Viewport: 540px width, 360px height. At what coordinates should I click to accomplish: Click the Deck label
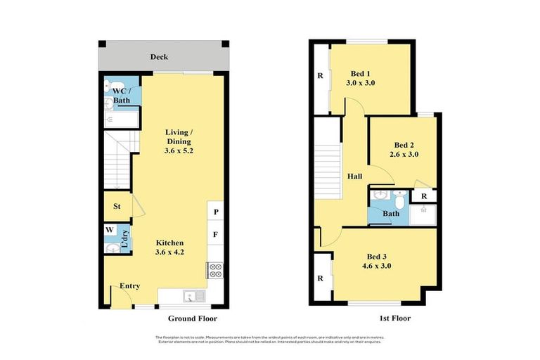158,56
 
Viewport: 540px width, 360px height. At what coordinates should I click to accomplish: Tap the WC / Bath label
121,96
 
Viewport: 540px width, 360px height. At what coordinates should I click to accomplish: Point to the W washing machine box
110,230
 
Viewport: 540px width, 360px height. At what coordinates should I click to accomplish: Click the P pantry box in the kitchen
215,211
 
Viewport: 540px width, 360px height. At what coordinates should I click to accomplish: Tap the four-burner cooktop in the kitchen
215,271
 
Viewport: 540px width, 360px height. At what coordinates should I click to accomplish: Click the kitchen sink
191,296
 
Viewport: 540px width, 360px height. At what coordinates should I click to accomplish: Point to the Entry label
129,285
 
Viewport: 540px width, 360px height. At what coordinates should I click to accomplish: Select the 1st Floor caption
394,318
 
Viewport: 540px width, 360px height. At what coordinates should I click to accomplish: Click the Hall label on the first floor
355,177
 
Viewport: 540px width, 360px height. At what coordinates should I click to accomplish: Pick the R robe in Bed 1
320,76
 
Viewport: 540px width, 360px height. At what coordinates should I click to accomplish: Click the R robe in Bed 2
423,197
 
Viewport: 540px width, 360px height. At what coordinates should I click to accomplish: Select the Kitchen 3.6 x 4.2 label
169,247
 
